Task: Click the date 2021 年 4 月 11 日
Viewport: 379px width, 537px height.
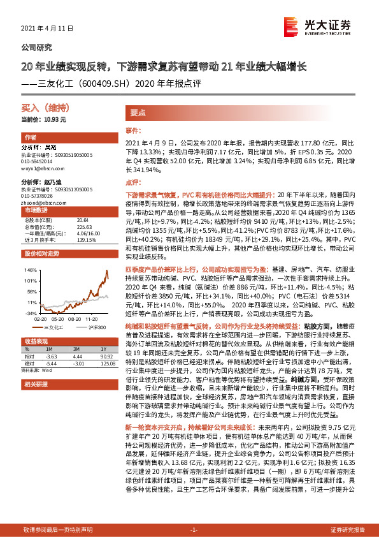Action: pos(48,29)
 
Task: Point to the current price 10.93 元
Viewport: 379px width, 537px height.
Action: pos(44,119)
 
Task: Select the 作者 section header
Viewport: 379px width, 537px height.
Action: pos(30,138)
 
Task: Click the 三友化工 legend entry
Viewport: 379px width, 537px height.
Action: pos(57,327)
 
